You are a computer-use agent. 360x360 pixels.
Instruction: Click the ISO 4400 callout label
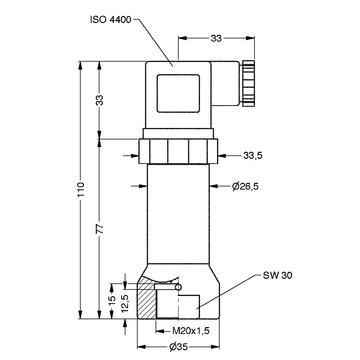tap(111, 19)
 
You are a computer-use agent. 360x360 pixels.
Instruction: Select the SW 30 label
tap(277, 276)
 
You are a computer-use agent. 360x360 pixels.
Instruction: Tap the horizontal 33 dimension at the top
tap(216, 38)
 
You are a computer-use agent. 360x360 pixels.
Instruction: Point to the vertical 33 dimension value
tap(100, 100)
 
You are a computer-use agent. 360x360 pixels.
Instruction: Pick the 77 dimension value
tap(100, 229)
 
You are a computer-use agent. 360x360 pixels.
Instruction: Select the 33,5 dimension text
tap(253, 155)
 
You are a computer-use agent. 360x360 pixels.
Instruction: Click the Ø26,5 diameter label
tap(245, 186)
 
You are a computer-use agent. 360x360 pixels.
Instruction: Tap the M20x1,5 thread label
tap(191, 331)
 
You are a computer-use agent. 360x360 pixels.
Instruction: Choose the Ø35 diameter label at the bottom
tap(178, 347)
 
